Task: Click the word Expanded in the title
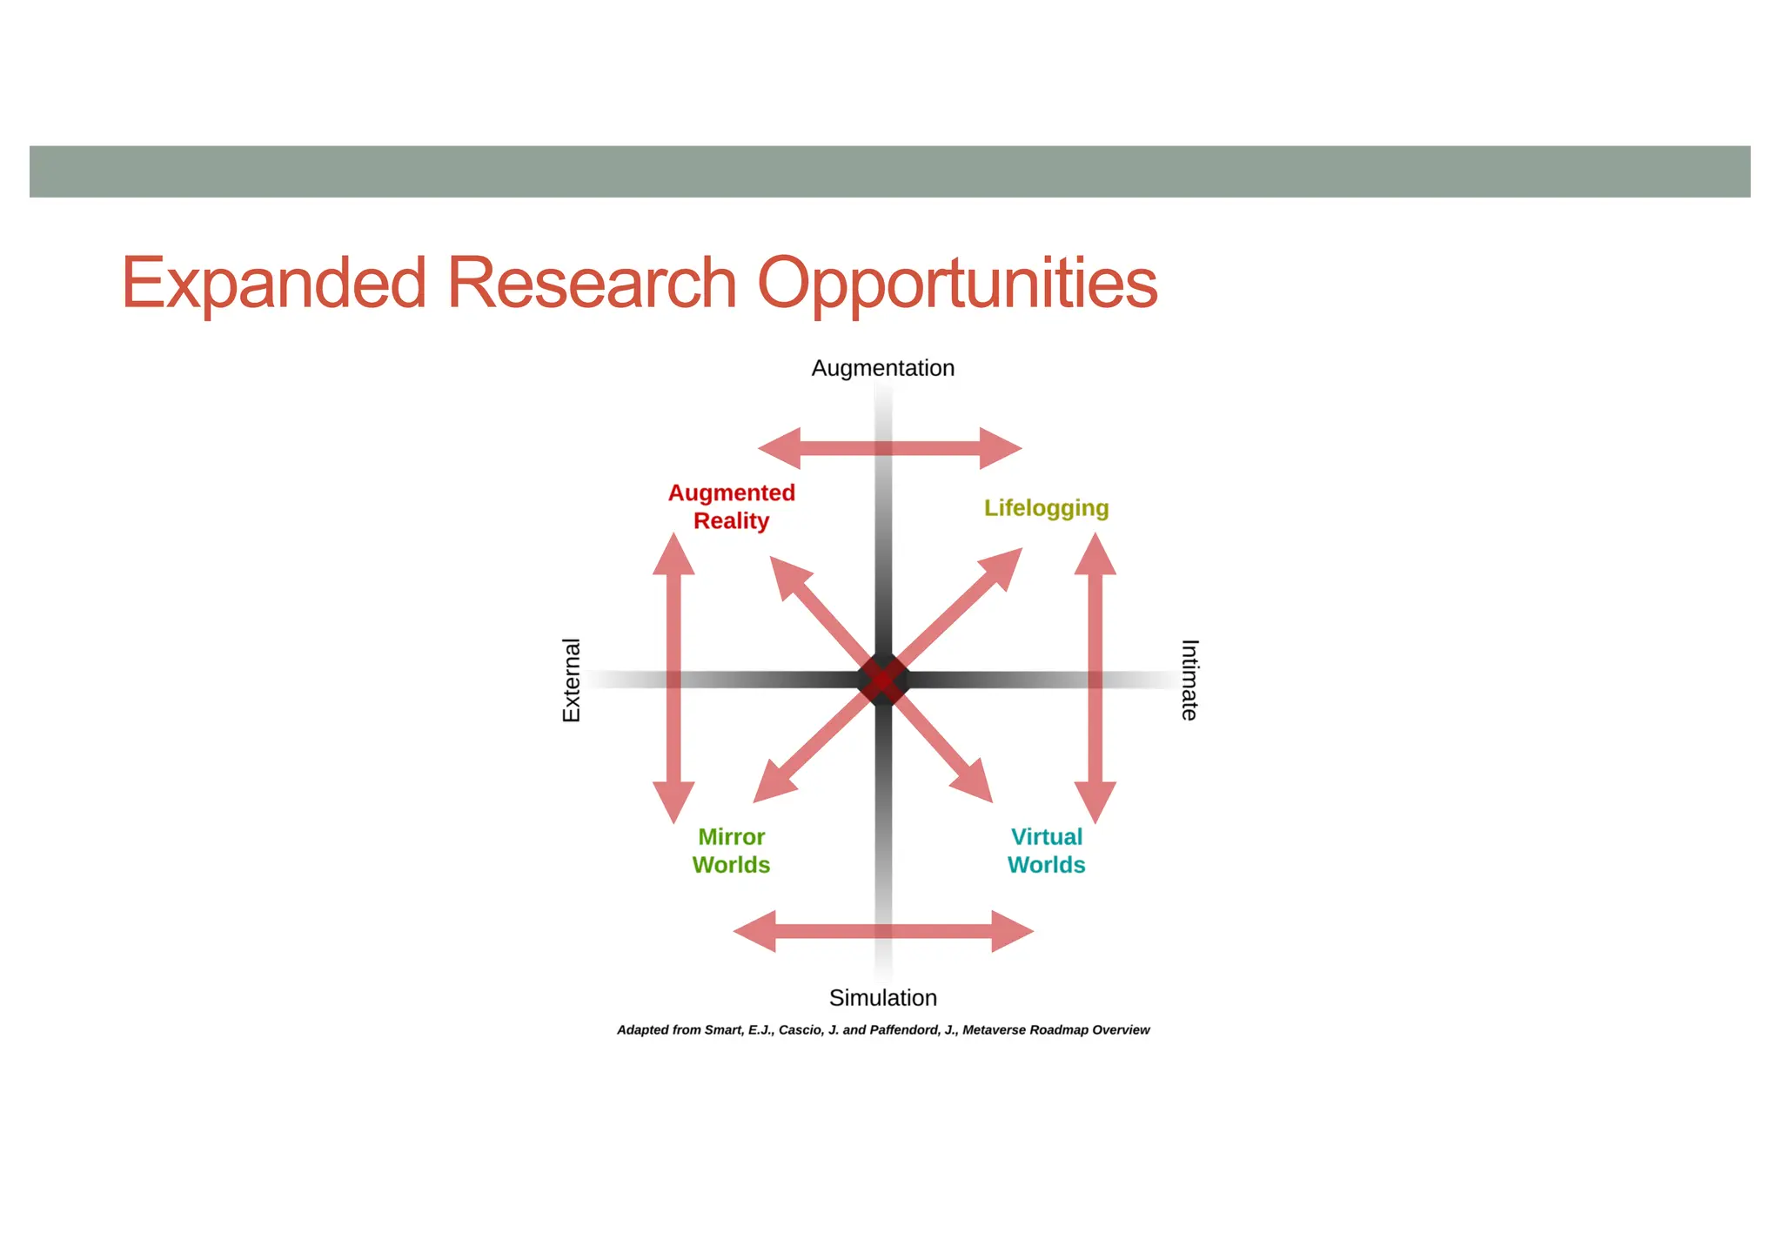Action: [x=273, y=284]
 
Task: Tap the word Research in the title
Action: [x=592, y=284]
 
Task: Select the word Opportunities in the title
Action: [x=957, y=284]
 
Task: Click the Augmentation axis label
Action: [x=882, y=368]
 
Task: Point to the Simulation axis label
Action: [x=882, y=997]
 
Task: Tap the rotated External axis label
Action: [x=571, y=680]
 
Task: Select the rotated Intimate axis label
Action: [x=1189, y=680]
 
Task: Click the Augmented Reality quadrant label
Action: [x=731, y=506]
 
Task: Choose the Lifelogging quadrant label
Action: [x=1046, y=507]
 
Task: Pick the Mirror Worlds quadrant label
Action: [x=731, y=850]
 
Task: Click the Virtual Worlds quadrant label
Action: [x=1046, y=850]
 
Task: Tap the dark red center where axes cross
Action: [x=882, y=680]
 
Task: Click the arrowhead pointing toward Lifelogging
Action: [x=1003, y=565]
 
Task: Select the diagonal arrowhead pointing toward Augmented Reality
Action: [x=787, y=575]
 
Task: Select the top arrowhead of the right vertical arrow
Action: [x=1095, y=557]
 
